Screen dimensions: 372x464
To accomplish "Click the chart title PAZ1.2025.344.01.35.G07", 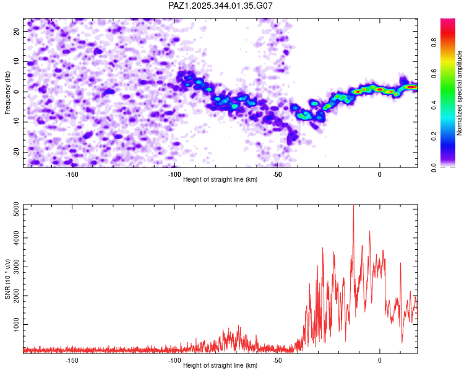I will [220, 6].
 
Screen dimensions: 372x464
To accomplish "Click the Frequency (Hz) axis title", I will [7, 92].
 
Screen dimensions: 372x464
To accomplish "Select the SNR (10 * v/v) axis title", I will [7, 278].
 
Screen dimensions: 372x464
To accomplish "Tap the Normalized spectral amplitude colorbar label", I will [460, 93].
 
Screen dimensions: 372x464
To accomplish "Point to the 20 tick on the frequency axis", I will [17, 31].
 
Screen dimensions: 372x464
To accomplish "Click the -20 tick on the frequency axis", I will [15, 152].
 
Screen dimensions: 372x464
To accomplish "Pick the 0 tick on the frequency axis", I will [19, 92].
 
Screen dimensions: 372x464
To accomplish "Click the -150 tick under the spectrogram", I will [71, 174].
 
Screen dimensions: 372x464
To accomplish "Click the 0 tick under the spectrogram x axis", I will [380, 174].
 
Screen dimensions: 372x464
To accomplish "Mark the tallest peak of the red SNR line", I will [353, 206].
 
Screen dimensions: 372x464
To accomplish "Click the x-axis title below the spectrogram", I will [220, 180].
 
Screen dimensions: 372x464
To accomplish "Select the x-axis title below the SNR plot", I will [220, 366].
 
